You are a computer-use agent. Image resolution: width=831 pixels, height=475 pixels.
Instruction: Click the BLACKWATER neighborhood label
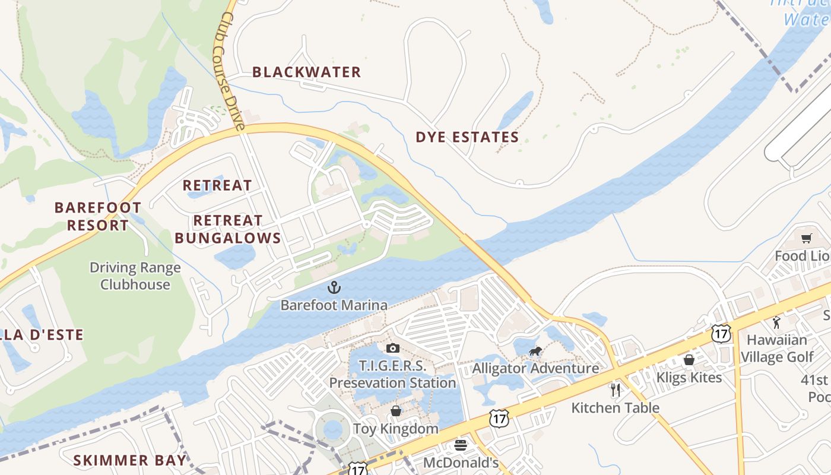(x=306, y=72)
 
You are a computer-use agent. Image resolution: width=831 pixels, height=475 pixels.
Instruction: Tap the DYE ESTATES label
(x=467, y=137)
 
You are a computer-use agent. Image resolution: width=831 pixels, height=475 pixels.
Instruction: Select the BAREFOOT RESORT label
(x=98, y=216)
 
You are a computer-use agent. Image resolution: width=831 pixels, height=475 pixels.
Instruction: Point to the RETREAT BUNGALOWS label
(x=228, y=229)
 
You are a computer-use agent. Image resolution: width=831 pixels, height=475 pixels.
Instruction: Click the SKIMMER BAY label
(x=129, y=460)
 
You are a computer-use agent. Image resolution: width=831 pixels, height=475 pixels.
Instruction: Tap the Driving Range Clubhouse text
(x=135, y=276)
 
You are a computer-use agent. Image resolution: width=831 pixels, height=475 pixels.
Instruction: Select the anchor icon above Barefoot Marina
(x=334, y=288)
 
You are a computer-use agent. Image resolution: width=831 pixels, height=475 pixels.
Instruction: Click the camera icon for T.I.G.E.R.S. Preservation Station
(x=392, y=349)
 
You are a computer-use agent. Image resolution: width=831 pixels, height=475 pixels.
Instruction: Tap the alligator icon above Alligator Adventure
(x=535, y=351)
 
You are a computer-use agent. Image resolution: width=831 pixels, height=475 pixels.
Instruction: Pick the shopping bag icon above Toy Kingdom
(x=395, y=411)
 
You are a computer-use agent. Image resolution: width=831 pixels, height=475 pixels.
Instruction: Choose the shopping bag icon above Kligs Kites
(x=689, y=360)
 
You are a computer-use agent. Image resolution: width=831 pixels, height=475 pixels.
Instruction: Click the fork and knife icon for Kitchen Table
(x=616, y=390)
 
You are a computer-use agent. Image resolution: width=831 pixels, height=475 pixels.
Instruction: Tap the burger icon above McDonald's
(x=461, y=445)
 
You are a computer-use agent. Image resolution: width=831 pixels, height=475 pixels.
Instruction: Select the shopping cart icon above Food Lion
(x=806, y=239)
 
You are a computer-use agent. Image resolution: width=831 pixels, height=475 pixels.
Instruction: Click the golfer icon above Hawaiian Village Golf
(x=776, y=322)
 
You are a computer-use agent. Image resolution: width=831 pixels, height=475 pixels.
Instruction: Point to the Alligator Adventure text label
(x=535, y=368)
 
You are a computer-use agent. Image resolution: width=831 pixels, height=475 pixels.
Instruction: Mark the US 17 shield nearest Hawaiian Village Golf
(x=721, y=334)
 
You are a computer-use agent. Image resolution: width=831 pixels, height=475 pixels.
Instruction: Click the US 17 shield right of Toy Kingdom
(x=499, y=419)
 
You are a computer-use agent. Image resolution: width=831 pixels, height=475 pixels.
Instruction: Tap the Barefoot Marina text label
(x=334, y=305)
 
